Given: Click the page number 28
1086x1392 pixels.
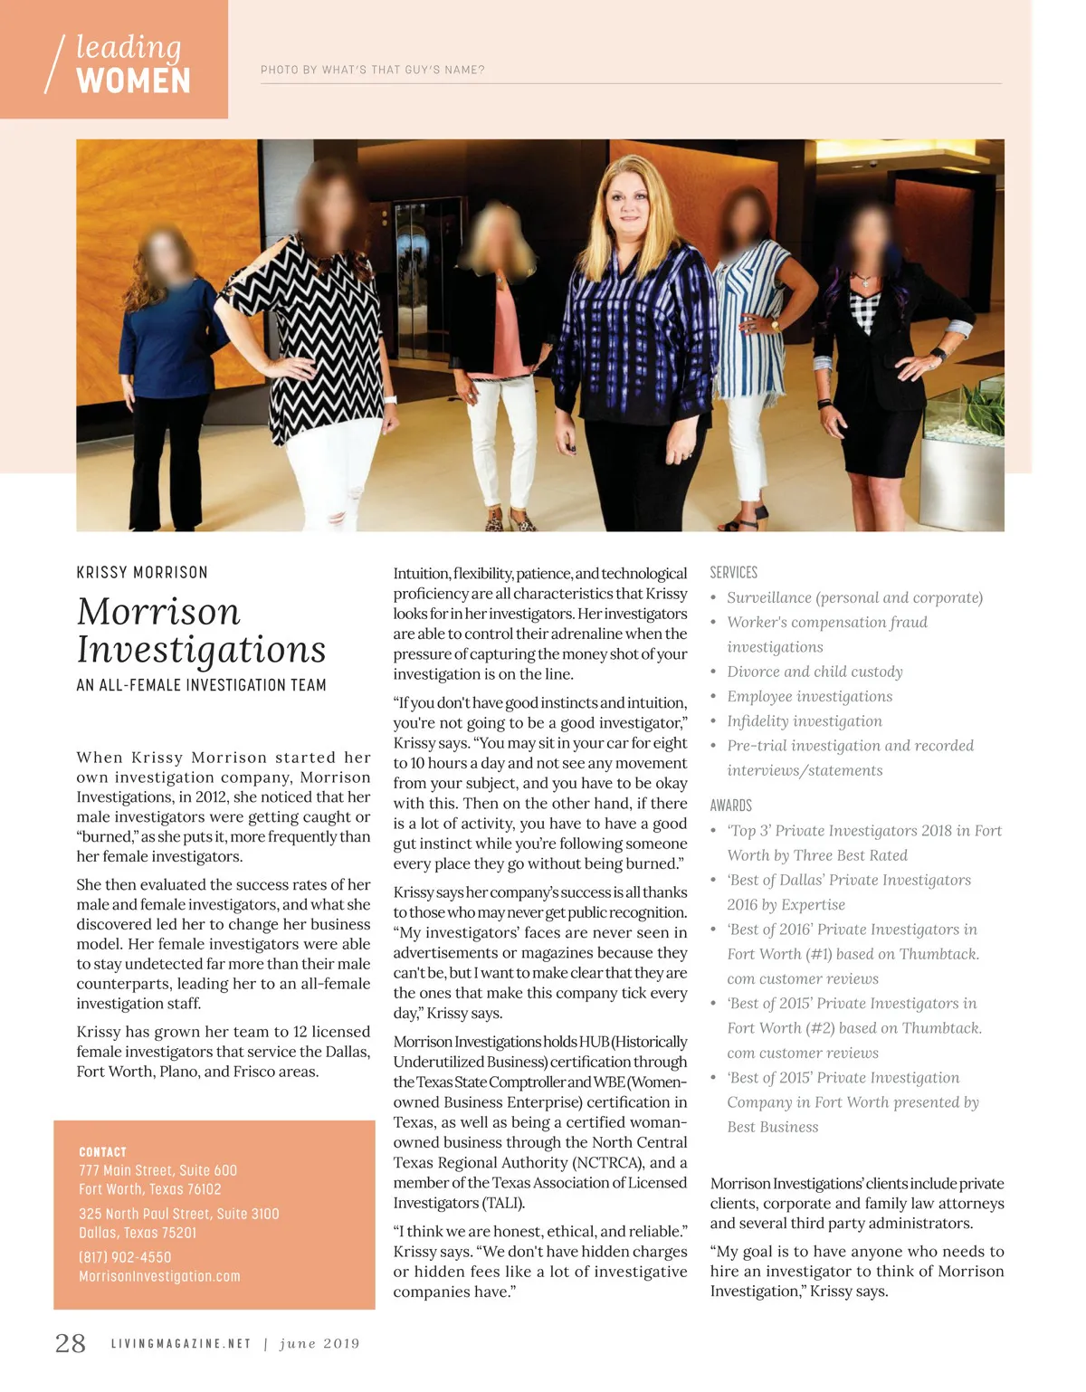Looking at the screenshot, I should point(71,1343).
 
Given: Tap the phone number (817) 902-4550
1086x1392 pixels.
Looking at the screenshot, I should point(125,1257).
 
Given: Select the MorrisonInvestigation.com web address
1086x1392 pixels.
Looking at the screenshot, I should point(159,1276).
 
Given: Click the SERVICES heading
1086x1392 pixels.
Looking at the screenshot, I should point(733,572).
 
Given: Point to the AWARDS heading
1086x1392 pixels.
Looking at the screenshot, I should point(730,806).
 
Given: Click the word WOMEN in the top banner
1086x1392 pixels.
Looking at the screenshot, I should point(134,81).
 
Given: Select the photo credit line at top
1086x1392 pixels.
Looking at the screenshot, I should point(372,70).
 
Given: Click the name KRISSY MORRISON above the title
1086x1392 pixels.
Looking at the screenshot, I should point(142,572).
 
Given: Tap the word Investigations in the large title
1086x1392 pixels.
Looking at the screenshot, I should point(201,649).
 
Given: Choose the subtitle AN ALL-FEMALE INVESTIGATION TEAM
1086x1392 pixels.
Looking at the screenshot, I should point(201,685).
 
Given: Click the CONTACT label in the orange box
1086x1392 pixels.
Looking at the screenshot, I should point(102,1152).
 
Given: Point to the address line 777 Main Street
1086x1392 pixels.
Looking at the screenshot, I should point(157,1170).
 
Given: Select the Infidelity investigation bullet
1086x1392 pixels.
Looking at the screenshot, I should point(804,721).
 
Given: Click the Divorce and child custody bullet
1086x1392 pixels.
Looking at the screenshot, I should point(814,672).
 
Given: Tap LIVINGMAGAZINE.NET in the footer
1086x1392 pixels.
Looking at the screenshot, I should point(181,1344).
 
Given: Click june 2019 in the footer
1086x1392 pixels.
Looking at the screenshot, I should point(319,1344).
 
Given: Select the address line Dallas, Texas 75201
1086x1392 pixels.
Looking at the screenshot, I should point(138,1233).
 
